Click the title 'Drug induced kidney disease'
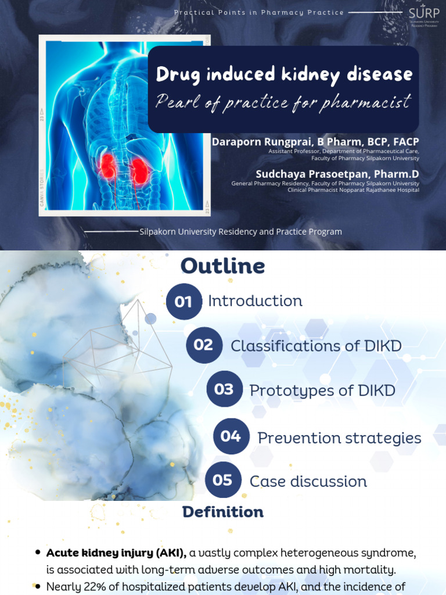click(284, 74)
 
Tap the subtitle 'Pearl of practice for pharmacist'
click(283, 102)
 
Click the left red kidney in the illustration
click(107, 166)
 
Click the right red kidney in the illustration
click(139, 170)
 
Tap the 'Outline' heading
click(222, 266)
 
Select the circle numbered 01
click(184, 301)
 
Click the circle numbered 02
click(204, 345)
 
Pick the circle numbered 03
click(224, 389)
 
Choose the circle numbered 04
click(231, 436)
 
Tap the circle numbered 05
click(223, 480)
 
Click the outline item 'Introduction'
click(255, 301)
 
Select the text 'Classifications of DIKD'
click(316, 346)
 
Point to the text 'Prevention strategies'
click(339, 438)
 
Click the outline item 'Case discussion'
click(308, 482)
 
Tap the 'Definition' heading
click(222, 512)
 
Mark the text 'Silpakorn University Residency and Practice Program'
click(240, 232)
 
